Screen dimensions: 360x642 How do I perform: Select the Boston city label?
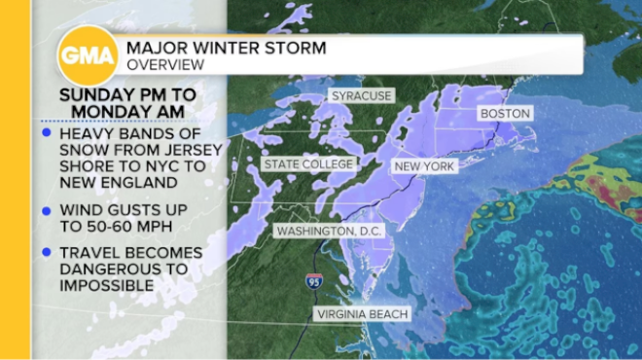(x=503, y=114)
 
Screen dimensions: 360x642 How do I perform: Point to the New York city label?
(x=424, y=167)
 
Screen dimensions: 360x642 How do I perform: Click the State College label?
(x=308, y=164)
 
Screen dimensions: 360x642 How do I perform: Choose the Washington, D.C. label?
(x=330, y=232)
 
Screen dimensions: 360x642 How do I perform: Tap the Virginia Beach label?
(x=362, y=314)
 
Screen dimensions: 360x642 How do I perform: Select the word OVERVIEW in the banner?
(x=165, y=64)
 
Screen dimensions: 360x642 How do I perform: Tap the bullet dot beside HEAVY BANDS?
(x=48, y=132)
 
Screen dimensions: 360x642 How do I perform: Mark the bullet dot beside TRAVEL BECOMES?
(x=48, y=253)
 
